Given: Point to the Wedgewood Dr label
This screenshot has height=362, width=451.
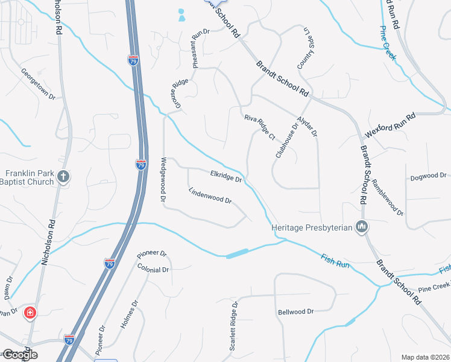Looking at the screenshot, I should tap(163, 179).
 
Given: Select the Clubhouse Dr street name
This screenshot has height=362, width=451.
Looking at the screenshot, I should tap(287, 141).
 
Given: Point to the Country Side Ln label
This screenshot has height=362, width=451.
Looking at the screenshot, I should tap(303, 48).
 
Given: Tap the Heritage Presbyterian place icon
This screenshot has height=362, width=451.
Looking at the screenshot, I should tap(362, 227).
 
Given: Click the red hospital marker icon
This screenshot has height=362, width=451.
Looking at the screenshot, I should tap(30, 313).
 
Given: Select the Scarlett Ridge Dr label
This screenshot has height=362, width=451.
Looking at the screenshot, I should tap(235, 326).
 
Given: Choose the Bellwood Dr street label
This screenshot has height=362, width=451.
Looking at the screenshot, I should tap(296, 312).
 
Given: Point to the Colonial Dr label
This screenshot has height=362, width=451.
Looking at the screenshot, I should tap(153, 269).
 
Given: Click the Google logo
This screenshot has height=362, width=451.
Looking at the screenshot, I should tap(19, 355).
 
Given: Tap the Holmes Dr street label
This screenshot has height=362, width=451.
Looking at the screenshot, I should tap(129, 315).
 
